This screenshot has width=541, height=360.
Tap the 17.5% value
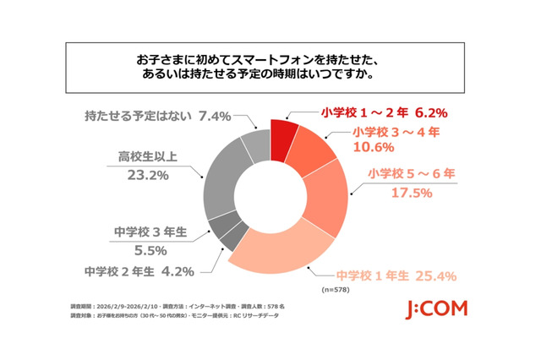(410, 193)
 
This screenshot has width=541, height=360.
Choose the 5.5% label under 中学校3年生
(133, 249)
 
